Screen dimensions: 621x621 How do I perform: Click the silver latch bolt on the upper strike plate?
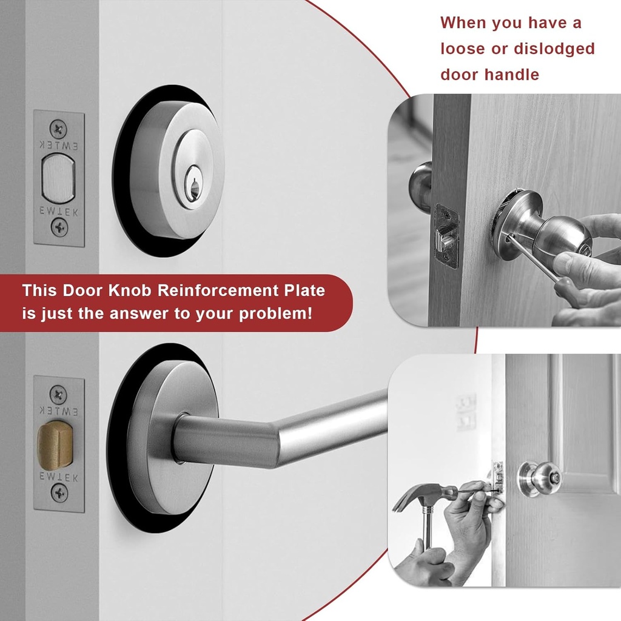pyautogui.click(x=59, y=178)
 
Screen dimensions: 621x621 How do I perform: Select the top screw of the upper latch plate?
pyautogui.click(x=58, y=128)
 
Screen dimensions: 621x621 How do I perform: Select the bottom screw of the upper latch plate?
pyautogui.click(x=59, y=228)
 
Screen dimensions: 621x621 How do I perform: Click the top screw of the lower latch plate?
pyautogui.click(x=58, y=395)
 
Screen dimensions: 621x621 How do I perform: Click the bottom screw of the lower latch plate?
pyautogui.click(x=59, y=492)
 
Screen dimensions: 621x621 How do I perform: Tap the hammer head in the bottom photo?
pyautogui.click(x=418, y=495)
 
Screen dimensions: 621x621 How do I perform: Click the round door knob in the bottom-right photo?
pyautogui.click(x=539, y=478)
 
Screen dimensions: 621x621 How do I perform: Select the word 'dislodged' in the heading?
pyautogui.click(x=554, y=49)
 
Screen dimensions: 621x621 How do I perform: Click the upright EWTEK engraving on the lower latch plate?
pyautogui.click(x=59, y=477)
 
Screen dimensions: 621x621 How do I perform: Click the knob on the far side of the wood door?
pyautogui.click(x=420, y=182)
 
